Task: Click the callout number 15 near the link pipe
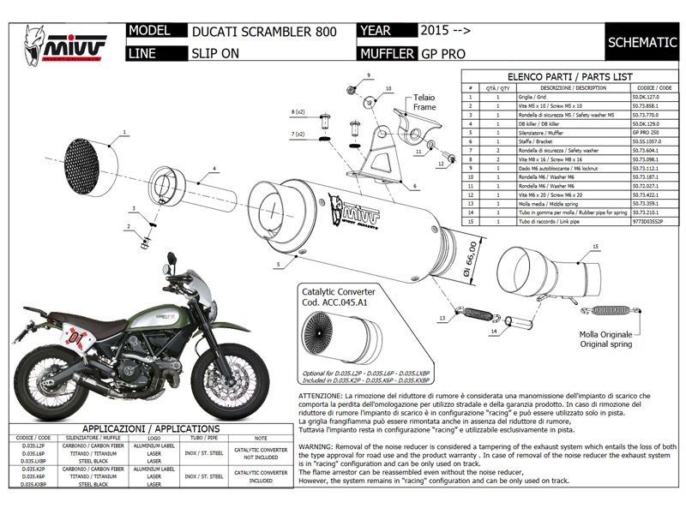pyautogui.click(x=593, y=247)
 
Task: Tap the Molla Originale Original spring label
pyautogui.click(x=605, y=338)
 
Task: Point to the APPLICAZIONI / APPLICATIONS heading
pyautogui.click(x=150, y=427)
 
